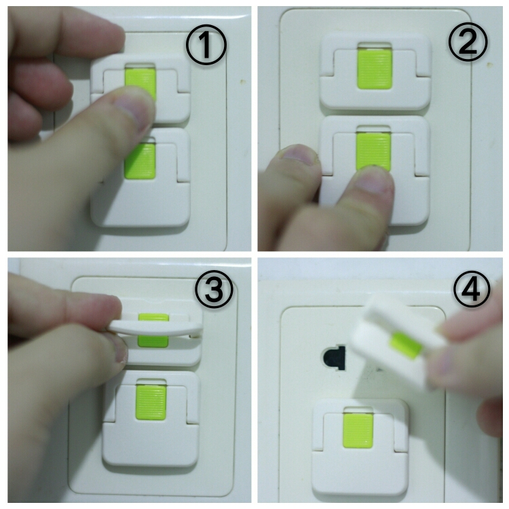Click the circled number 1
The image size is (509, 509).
click(x=206, y=45)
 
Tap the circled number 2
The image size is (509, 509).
click(x=468, y=42)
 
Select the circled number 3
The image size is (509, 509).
click(x=214, y=290)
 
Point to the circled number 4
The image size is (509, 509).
click(x=472, y=290)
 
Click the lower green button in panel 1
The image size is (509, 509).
click(x=140, y=161)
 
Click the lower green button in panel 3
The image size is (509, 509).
click(x=151, y=402)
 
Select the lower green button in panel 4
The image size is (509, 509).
click(x=358, y=431)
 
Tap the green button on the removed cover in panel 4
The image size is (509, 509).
click(x=407, y=345)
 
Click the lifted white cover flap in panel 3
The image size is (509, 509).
click(x=157, y=327)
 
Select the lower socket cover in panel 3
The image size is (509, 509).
click(x=151, y=419)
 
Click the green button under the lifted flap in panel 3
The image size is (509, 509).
click(x=153, y=341)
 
